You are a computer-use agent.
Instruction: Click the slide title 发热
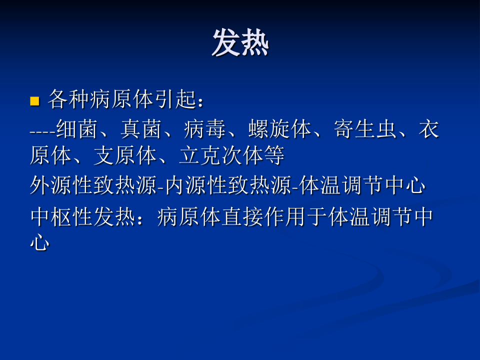tap(240, 42)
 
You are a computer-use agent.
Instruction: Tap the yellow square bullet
tap(34, 101)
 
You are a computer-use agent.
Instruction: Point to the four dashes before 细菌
tap(42, 130)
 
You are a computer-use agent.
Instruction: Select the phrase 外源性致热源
tap(93, 185)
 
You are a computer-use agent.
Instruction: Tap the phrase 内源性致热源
tap(228, 185)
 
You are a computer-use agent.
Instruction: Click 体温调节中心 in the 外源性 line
tap(363, 185)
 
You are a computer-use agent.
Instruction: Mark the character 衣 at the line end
tap(428, 128)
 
